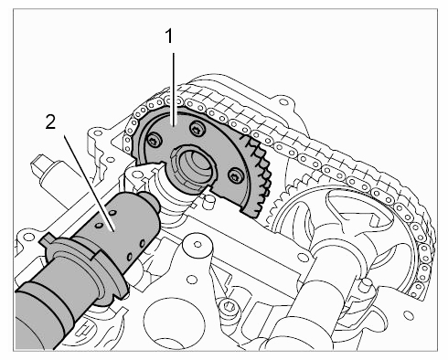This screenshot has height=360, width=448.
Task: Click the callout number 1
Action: tap(168, 37)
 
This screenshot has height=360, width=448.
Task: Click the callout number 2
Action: tap(50, 122)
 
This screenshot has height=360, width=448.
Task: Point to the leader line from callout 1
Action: tap(174, 90)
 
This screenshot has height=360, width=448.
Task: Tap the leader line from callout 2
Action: tap(89, 184)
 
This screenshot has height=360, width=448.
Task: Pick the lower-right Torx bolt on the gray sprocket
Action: tap(234, 175)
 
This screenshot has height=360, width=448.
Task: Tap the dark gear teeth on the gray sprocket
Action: tap(259, 176)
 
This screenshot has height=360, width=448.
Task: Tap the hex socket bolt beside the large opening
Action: tap(227, 305)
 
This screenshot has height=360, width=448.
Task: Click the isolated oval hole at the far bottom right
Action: tap(408, 314)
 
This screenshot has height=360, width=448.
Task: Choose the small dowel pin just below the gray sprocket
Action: tap(209, 199)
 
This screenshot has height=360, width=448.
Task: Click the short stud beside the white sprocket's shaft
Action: tap(365, 285)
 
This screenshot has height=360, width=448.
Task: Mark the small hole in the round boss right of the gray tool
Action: tap(197, 244)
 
